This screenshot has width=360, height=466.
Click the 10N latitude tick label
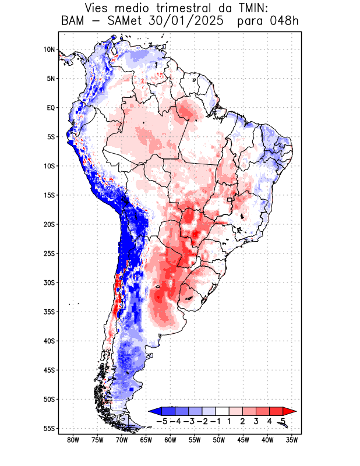[49, 50]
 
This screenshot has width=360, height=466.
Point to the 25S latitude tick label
[49, 253]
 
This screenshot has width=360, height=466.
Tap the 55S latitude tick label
[49, 428]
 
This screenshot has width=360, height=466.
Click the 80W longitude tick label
[73, 440]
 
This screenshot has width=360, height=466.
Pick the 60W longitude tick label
[170, 440]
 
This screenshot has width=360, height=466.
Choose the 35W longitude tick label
[291, 440]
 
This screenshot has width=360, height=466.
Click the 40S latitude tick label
[49, 341]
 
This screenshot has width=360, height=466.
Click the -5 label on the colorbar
[162, 421]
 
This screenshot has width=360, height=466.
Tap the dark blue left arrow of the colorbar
[154, 411]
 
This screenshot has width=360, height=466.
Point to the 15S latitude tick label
[49, 195]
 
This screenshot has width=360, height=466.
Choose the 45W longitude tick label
[243, 440]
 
